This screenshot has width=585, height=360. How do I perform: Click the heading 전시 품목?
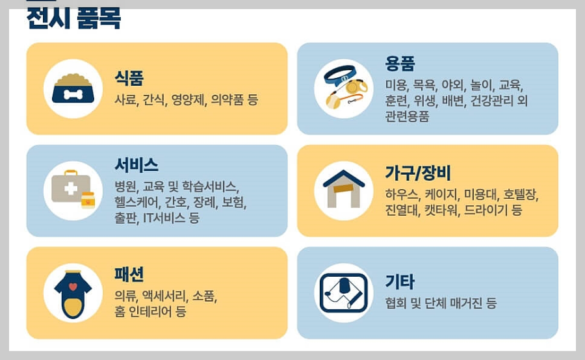click(73, 18)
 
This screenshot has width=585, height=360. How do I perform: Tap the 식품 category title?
click(129, 79)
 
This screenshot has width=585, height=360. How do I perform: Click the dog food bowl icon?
click(73, 89)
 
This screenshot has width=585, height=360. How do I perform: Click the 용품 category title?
click(400, 63)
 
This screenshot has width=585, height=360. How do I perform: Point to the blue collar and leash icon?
click(344, 88)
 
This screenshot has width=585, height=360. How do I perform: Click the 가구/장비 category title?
click(418, 174)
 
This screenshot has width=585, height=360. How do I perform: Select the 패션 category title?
click(129, 274)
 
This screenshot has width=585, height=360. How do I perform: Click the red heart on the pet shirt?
click(73, 286)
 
